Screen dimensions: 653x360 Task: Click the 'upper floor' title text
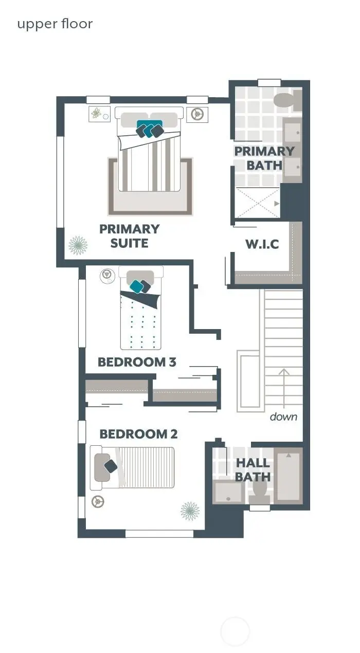55,24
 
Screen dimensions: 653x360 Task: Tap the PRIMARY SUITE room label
129,236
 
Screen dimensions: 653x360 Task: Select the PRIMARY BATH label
264,158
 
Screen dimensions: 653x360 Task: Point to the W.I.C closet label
262,244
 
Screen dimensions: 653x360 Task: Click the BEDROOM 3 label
137,362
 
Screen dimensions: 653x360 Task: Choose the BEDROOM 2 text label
138,434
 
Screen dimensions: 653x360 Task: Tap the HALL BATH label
253,470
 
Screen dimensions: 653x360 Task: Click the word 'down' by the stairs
283,416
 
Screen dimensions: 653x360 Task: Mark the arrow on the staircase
283,386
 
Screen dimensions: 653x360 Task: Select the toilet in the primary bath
286,101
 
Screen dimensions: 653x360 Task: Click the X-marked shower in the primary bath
258,203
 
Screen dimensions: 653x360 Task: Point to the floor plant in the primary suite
78,245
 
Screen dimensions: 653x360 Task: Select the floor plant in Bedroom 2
190,511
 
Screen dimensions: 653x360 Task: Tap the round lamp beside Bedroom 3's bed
107,276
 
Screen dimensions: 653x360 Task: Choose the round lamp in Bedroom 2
96,501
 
